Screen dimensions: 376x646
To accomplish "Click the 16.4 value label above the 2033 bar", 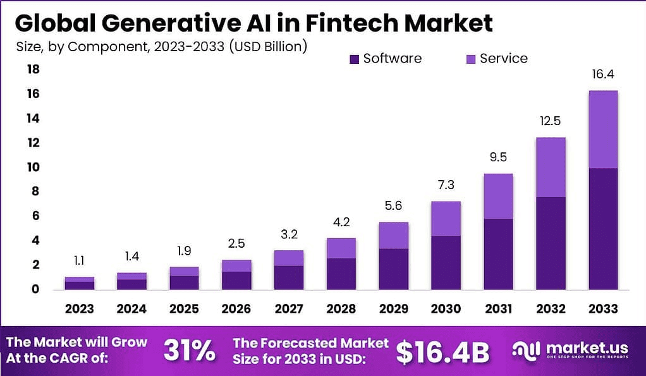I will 602,75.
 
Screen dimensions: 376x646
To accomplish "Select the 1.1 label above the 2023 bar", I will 79,260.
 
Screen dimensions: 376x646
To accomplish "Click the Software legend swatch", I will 354,59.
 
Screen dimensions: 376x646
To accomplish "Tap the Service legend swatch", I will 470,59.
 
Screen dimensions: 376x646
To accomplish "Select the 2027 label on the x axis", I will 288,309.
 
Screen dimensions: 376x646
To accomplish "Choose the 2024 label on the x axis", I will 131,309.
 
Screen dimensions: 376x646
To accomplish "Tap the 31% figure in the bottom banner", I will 189,351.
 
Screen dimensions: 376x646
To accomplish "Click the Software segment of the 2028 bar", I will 340,273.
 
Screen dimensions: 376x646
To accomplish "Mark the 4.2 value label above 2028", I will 340,222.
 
